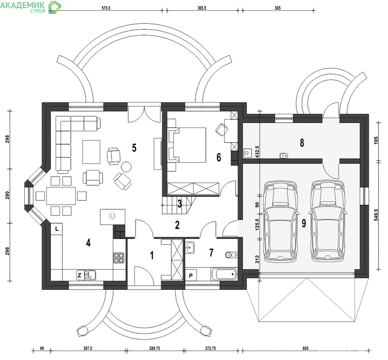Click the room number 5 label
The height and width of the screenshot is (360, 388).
tap(134, 148)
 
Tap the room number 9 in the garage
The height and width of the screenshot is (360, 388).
tap(304, 223)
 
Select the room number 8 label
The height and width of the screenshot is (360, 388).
tap(302, 143)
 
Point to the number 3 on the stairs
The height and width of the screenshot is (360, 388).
tap(180, 203)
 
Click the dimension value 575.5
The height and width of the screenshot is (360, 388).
tap(106, 8)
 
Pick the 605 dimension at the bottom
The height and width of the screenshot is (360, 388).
tap(306, 348)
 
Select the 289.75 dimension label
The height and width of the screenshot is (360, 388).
tap(155, 348)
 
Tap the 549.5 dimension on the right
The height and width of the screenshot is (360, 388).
tap(376, 215)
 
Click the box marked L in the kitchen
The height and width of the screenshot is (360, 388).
tap(57, 229)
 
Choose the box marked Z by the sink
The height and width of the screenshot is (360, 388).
tap(80, 275)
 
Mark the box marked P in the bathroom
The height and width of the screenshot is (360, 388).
tap(191, 275)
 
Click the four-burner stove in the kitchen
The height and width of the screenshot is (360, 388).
tap(119, 258)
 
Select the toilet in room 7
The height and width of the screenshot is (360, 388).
tap(231, 255)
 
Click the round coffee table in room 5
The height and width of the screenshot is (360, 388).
tap(126, 166)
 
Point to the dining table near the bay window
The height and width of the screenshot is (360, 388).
tap(61, 196)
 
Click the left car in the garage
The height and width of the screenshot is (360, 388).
tap(280, 221)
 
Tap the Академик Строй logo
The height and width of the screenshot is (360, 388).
tap(31, 7)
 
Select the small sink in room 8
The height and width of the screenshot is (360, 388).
tap(284, 156)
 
